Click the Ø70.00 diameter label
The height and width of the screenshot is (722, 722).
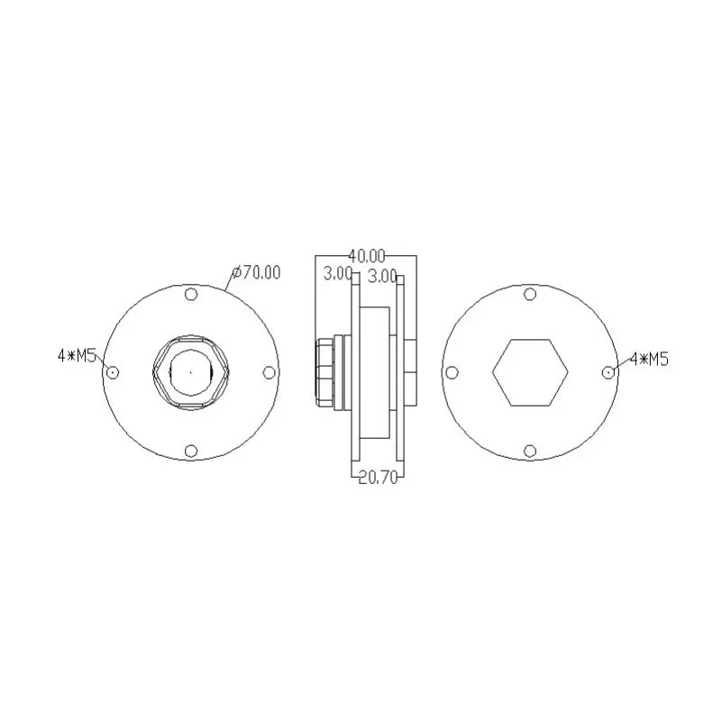click(257, 272)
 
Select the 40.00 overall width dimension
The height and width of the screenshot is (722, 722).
click(366, 255)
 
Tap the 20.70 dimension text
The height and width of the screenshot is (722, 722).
click(378, 478)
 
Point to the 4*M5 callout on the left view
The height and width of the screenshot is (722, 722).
click(77, 355)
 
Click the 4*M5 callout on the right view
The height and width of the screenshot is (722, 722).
click(649, 359)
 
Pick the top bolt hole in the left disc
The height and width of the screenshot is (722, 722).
click(191, 294)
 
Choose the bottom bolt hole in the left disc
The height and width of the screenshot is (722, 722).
click(191, 451)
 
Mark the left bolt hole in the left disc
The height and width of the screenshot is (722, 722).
click(113, 372)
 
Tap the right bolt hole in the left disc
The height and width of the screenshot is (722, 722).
click(269, 372)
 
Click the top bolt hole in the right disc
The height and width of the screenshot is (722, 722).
click(530, 294)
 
